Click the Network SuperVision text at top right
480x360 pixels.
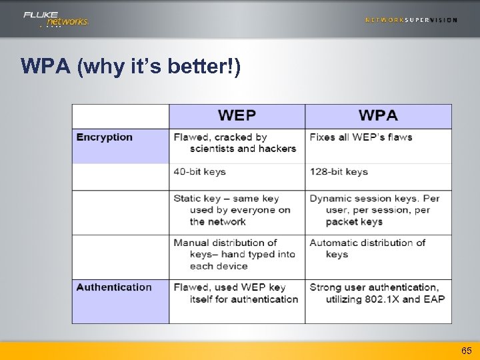point(411,20)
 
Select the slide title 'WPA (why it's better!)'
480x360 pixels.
point(131,67)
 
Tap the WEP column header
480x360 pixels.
point(237,115)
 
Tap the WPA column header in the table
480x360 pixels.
point(378,115)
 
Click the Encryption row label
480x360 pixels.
point(105,137)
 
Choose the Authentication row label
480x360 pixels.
point(114,287)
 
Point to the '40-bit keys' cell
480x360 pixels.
point(200,171)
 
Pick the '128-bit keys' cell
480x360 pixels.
point(339,171)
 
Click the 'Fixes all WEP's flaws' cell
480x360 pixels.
point(361,137)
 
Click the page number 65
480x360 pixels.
point(466,351)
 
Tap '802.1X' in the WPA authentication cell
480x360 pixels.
point(382,299)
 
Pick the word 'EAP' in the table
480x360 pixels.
point(434,299)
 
